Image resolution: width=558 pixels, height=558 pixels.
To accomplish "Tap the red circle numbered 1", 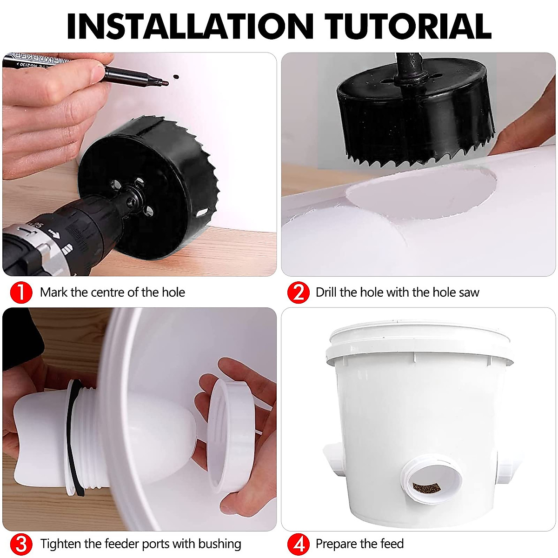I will coord(20,292).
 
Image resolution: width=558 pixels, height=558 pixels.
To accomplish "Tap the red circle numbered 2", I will coord(298,292).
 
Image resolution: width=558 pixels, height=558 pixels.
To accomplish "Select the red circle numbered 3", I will coord(20,544).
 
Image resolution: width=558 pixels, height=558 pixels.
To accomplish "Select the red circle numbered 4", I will coord(298,544).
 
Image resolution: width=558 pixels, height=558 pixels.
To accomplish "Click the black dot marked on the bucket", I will coord(175,77).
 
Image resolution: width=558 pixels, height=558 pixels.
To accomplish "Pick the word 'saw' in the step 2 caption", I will coord(469,292).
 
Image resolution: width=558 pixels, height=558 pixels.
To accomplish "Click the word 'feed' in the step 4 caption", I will coord(391,544).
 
